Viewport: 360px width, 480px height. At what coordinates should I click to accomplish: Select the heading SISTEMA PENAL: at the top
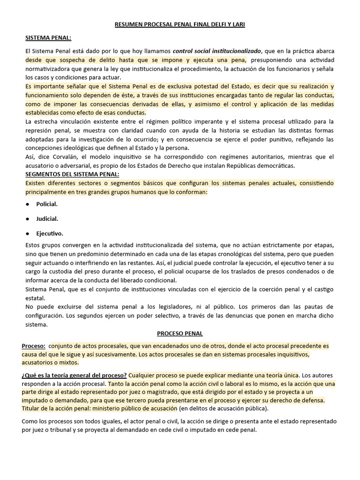49,37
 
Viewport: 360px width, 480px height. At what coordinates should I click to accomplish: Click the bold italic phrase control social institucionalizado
217,51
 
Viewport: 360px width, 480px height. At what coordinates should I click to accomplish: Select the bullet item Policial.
47,204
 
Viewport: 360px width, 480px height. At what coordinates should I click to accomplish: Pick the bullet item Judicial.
47,219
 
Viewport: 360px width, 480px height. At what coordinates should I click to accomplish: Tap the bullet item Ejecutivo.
50,233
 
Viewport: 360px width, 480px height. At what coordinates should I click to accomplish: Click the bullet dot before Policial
28,204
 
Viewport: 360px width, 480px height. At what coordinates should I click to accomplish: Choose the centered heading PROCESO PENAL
180,334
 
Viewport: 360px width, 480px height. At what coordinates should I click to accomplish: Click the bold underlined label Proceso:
33,346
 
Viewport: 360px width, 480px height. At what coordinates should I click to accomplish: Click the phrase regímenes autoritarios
246,157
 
